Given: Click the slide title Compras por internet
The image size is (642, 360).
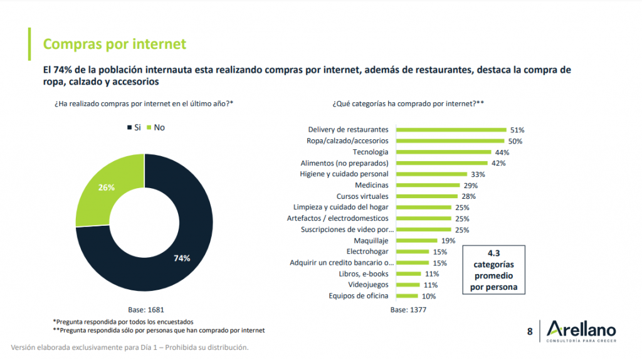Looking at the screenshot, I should [114, 44].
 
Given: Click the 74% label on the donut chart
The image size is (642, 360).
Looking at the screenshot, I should [182, 258].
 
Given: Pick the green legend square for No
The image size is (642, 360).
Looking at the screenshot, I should [149, 127].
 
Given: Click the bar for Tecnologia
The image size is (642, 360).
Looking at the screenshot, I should [438, 152].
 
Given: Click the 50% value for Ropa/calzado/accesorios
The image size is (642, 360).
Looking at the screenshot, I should [515, 141].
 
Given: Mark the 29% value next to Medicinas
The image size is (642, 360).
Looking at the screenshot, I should [470, 186].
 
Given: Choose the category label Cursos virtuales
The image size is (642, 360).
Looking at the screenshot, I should [362, 196].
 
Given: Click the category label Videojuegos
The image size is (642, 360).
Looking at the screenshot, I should [368, 285].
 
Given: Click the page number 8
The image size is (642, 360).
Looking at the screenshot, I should [530, 331].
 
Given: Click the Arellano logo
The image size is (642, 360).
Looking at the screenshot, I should [581, 331].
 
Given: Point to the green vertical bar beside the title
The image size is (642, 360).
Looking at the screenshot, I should [29, 44].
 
